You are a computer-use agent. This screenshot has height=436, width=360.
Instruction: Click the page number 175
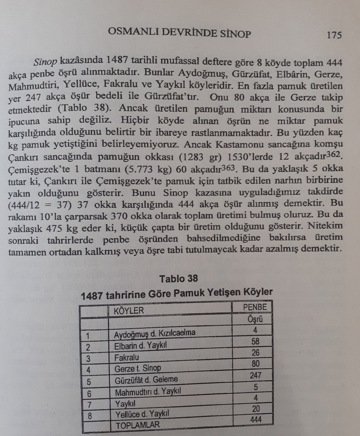tap(334, 35)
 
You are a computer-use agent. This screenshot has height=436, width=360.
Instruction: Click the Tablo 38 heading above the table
tap(179, 279)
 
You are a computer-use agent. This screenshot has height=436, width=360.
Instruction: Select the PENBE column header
tap(254, 307)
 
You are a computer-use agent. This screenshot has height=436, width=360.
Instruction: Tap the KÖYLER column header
tap(129, 310)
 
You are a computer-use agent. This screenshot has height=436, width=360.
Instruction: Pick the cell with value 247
tap(255, 375)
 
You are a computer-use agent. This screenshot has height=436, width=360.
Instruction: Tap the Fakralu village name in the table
tap(127, 356)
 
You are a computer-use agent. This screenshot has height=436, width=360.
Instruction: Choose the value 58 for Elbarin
tap(255, 341)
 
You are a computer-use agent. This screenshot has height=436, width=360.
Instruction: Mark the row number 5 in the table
tap(89, 381)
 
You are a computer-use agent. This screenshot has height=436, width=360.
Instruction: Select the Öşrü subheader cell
tap(254, 319)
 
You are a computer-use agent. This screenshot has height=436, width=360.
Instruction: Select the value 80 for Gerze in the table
tap(255, 364)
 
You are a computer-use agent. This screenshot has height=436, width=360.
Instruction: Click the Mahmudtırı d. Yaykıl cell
tap(144, 391)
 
